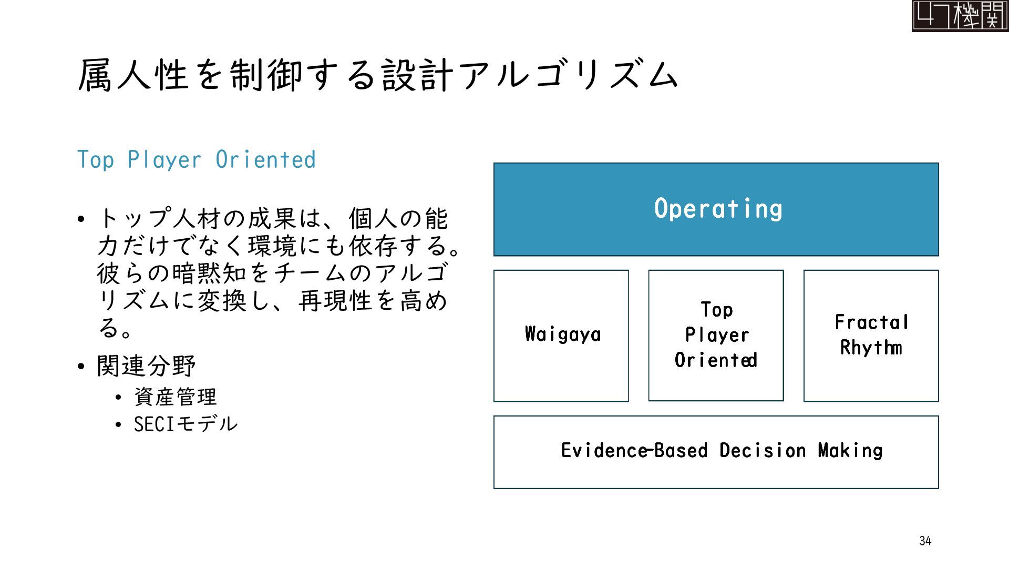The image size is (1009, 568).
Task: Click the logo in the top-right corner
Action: pos(960,16)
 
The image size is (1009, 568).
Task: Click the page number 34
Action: pos(925,541)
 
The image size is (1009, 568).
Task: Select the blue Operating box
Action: pos(716,209)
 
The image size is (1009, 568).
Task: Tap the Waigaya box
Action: pos(561,336)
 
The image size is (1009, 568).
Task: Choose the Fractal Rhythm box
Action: pos(871,336)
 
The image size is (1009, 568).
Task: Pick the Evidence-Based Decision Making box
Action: pos(716,452)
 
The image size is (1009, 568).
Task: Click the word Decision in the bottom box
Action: pos(763,451)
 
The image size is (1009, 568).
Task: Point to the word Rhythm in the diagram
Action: pos(871,348)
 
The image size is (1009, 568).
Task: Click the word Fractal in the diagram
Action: pos(871,322)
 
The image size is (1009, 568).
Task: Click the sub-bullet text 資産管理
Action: pos(176,397)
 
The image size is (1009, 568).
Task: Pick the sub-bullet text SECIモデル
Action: pos(186,424)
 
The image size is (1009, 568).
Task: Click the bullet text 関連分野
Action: pos(146,366)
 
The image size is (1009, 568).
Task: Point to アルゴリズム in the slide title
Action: pos(569,75)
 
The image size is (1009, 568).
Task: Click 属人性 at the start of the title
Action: pos(133,75)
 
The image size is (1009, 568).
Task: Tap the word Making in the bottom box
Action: pos(850,451)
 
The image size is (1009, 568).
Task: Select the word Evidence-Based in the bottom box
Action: pos(634,451)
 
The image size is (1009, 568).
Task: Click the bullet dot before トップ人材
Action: pos(80,219)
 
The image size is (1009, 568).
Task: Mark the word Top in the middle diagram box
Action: pos(716,310)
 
